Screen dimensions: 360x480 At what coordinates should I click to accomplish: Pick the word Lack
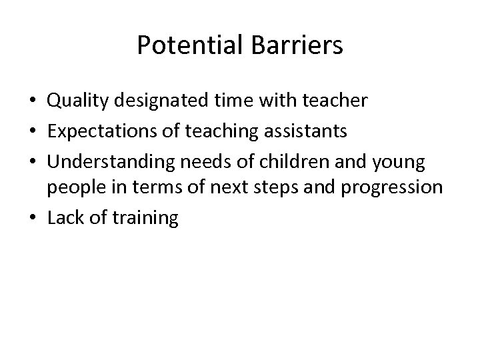click(65, 218)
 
